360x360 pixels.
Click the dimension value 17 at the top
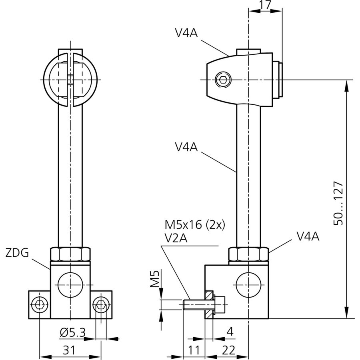[x=265, y=5]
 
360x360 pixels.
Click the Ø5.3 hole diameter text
[x=73, y=332]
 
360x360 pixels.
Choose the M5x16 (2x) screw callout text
[x=195, y=225]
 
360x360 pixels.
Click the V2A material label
[x=176, y=238]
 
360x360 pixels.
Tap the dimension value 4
[x=230, y=332]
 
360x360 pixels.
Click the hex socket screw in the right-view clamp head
[x=222, y=80]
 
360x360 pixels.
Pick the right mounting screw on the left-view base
[x=101, y=305]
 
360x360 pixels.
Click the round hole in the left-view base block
[x=70, y=285]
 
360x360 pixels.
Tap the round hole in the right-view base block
[x=248, y=285]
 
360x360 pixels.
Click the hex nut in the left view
[x=70, y=254]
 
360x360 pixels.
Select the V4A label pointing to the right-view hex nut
[x=308, y=236]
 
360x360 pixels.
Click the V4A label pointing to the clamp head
[x=186, y=33]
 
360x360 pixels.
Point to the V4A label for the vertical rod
[x=186, y=147]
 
